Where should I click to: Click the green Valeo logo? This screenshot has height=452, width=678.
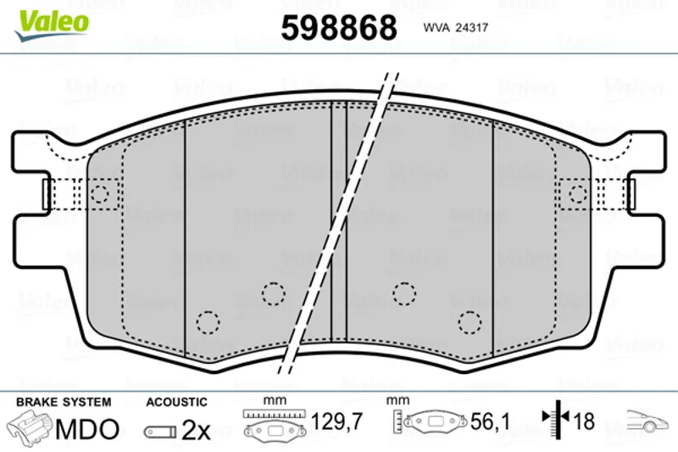pyautogui.click(x=52, y=25)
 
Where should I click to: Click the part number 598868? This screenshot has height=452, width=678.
pyautogui.click(x=339, y=28)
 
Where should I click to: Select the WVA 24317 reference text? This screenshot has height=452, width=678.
pyautogui.click(x=456, y=28)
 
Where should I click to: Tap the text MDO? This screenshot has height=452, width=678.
pyautogui.click(x=87, y=429)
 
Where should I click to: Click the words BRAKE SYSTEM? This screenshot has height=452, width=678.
pyautogui.click(x=64, y=402)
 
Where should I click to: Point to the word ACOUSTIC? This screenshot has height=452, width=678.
pyautogui.click(x=176, y=402)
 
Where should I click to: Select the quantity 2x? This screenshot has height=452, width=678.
pyautogui.click(x=196, y=430)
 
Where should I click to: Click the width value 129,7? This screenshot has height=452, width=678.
pyautogui.click(x=336, y=421)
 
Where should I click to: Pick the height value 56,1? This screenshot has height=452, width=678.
pyautogui.click(x=491, y=421)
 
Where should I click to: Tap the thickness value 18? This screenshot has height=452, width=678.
pyautogui.click(x=584, y=421)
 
